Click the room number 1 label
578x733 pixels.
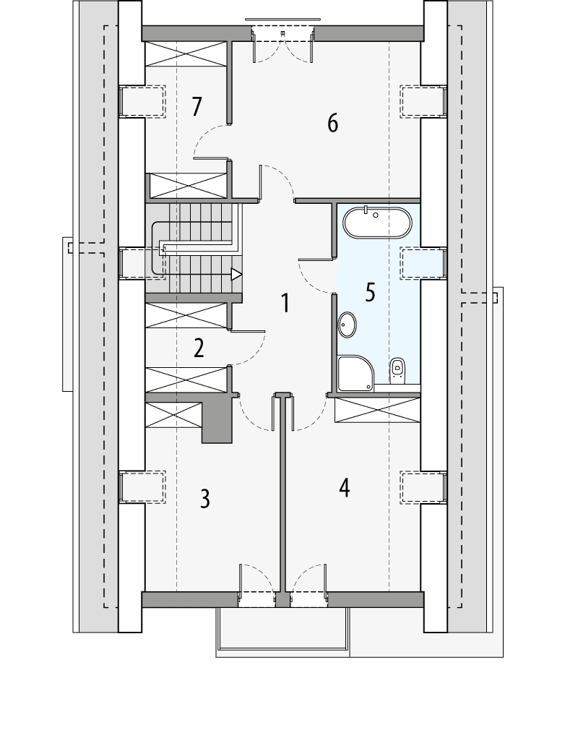click(x=285, y=304)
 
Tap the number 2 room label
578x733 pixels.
click(x=199, y=348)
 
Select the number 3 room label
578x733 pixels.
click(x=205, y=499)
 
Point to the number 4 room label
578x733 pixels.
click(x=345, y=489)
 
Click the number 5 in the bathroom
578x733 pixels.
click(x=370, y=293)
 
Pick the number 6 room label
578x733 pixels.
click(x=332, y=124)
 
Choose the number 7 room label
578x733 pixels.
click(x=197, y=107)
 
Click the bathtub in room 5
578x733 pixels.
click(x=377, y=223)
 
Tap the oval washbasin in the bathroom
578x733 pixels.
click(x=348, y=325)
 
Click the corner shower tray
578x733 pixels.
click(x=356, y=374)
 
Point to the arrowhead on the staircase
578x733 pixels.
click(x=236, y=274)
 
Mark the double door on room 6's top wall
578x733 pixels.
click(x=282, y=34)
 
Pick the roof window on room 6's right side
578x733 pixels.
click(x=423, y=100)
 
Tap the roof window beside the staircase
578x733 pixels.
click(x=142, y=262)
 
